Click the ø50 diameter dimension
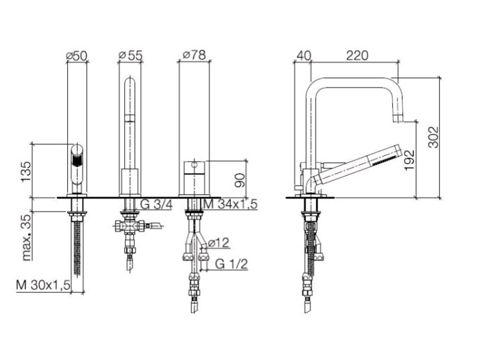pos(77,56)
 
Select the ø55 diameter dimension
pos(131,56)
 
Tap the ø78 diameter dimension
pos(194,55)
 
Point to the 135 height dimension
pos(26,171)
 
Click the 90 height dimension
pos(240,180)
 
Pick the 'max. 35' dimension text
pos(27,238)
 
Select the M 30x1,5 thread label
pos(43,285)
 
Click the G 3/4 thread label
pos(156,204)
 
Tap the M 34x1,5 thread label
pos(230,204)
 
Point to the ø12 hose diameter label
pos(218,243)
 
